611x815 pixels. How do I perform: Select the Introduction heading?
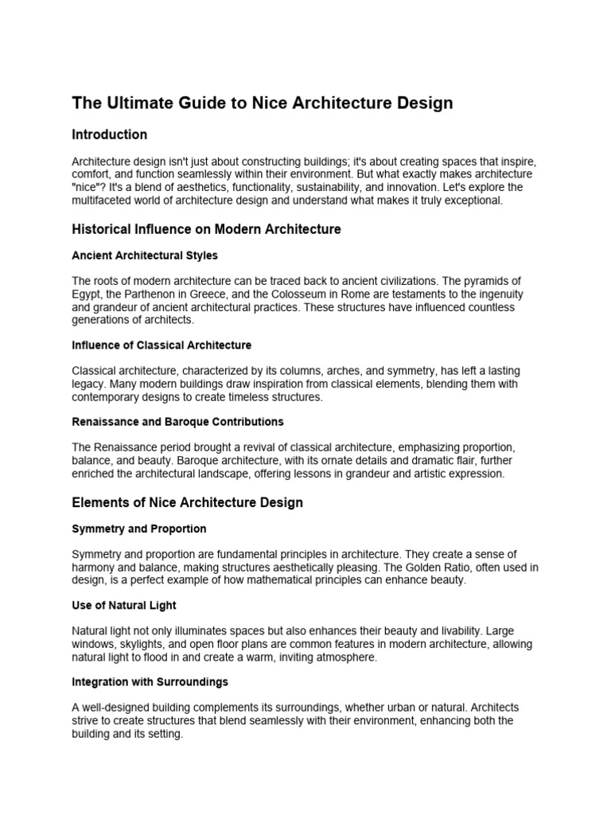click(110, 135)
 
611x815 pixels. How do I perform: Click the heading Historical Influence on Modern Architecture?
click(206, 229)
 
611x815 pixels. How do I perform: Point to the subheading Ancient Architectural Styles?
click(145, 255)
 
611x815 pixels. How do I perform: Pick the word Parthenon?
click(150, 294)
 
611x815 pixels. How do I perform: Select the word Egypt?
click(87, 294)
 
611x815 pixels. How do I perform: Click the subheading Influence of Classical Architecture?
click(162, 345)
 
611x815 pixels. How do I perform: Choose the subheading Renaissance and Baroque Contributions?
click(177, 422)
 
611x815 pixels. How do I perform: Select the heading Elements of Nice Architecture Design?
click(187, 503)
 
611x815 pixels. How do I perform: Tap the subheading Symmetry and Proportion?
click(139, 528)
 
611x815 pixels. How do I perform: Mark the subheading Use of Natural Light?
click(123, 606)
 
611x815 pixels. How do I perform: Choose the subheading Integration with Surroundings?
click(150, 682)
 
